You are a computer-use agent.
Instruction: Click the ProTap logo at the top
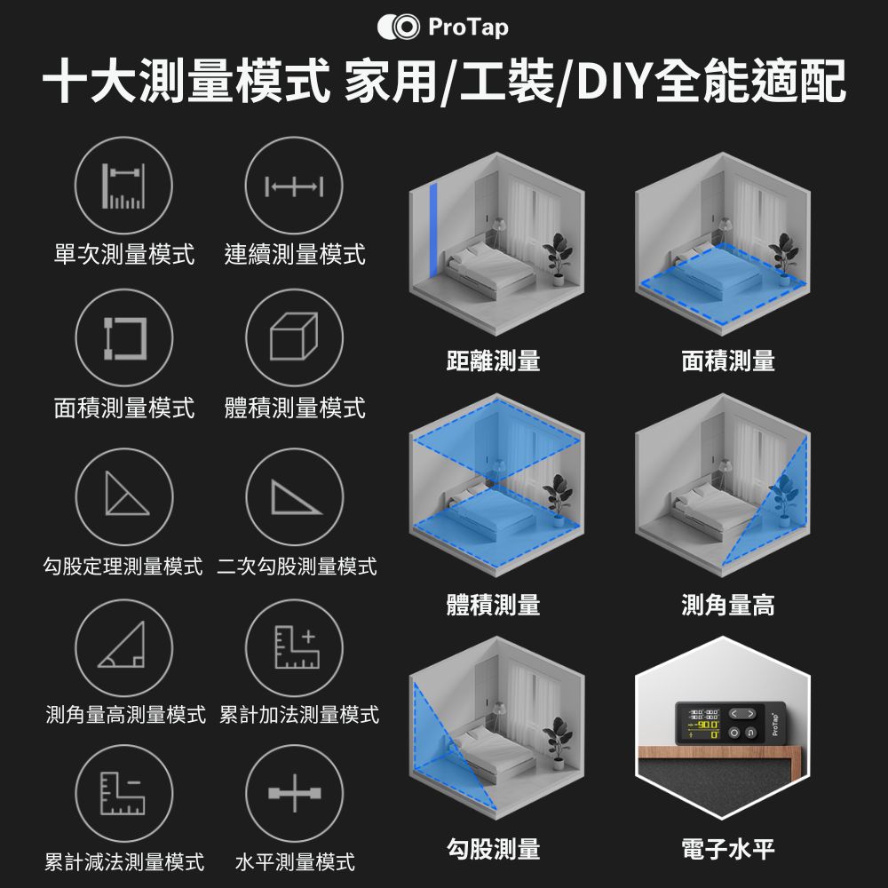point(443,28)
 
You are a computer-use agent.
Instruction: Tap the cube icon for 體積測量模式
point(294,337)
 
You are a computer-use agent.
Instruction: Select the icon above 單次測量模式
point(123,186)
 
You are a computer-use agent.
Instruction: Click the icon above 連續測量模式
point(294,186)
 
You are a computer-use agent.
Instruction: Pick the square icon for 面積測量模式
point(123,337)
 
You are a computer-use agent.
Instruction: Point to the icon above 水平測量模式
point(294,793)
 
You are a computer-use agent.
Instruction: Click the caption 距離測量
point(493,361)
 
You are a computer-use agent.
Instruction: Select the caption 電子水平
point(728,849)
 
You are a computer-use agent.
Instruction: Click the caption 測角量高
point(728,605)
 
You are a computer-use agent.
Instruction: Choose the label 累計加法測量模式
point(299,715)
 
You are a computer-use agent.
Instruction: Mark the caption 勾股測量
point(493,849)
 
